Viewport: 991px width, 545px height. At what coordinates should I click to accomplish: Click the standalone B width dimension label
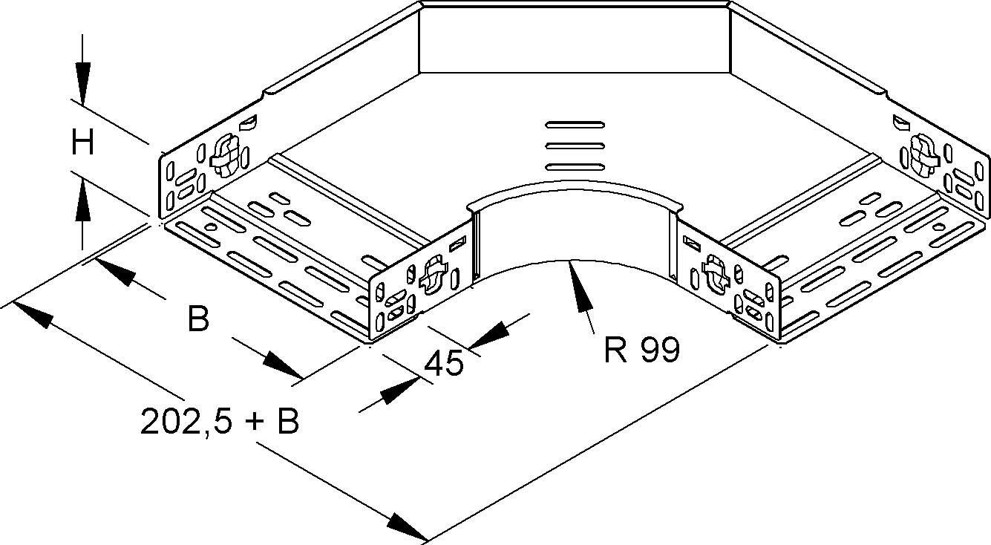pos(198,318)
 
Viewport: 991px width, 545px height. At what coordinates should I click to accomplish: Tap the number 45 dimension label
pos(444,363)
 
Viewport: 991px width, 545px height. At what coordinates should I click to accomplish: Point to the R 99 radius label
pos(641,350)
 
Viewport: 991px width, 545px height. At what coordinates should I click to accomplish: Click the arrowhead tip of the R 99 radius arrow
pos(571,261)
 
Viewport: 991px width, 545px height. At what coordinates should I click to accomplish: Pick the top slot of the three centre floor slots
pos(575,125)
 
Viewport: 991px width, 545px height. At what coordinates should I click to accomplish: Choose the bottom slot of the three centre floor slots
pos(575,167)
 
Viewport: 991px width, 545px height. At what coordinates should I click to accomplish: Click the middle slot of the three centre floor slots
pos(575,146)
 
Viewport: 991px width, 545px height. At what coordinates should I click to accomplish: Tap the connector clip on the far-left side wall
pos(226,155)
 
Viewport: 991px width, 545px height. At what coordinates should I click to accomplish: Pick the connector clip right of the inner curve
pos(716,275)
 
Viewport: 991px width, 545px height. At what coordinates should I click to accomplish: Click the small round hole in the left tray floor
pos(211,227)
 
